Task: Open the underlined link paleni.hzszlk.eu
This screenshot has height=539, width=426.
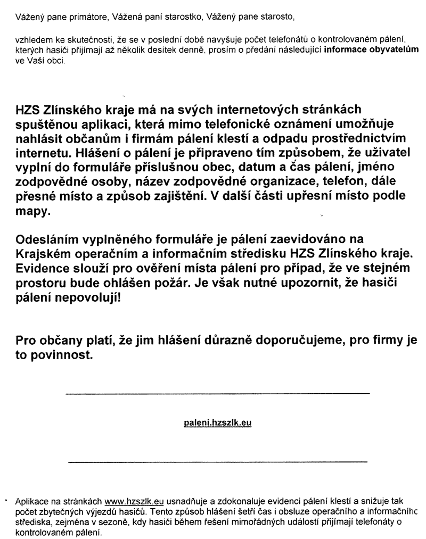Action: tap(217, 424)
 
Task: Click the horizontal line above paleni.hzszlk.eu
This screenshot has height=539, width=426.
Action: tap(217, 393)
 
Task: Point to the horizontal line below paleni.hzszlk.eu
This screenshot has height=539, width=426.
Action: tap(217, 461)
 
